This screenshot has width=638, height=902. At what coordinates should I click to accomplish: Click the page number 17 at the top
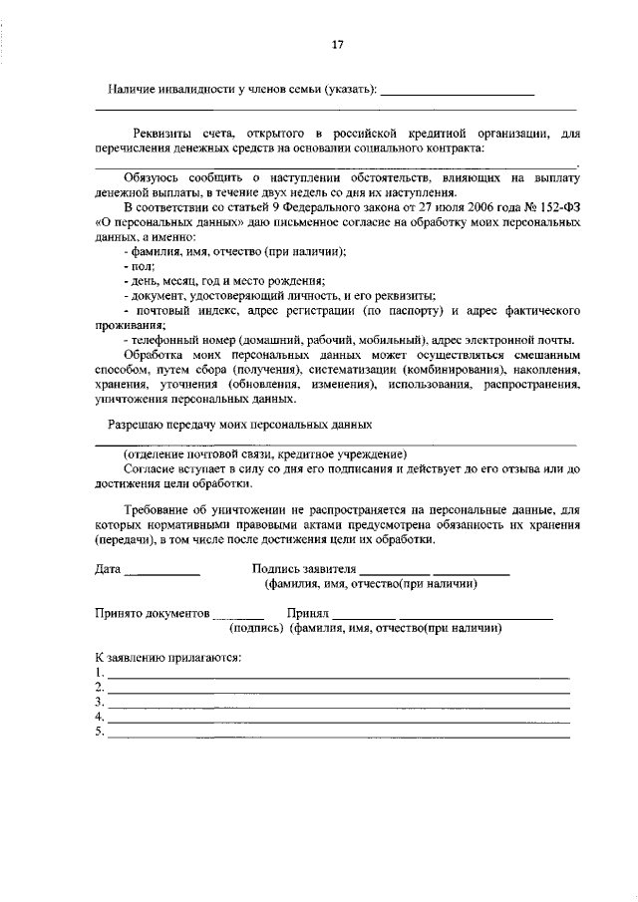337,44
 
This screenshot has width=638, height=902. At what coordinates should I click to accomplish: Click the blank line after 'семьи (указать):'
458,92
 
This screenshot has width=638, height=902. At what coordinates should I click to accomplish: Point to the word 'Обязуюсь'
149,177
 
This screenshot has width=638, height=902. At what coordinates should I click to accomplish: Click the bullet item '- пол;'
132,267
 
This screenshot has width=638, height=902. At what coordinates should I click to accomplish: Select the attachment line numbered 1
338,676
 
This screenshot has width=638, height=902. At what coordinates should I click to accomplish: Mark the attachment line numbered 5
338,736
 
